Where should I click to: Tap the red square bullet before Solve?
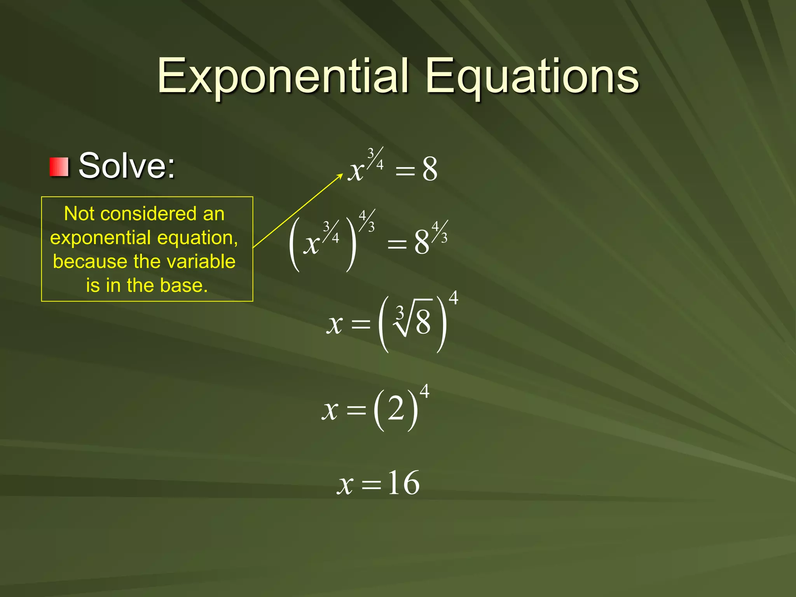[x=59, y=167]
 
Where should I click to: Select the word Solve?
[x=127, y=166]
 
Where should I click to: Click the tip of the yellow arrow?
[x=342, y=175]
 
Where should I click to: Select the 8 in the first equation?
[x=429, y=169]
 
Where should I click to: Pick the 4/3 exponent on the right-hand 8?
[x=440, y=232]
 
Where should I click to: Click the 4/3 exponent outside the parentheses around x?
[x=367, y=221]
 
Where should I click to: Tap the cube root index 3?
[x=400, y=312]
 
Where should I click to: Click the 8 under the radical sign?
[x=423, y=323]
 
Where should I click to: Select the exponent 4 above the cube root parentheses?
[x=453, y=298]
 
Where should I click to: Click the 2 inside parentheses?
[x=396, y=409]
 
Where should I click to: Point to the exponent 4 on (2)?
[x=424, y=391]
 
